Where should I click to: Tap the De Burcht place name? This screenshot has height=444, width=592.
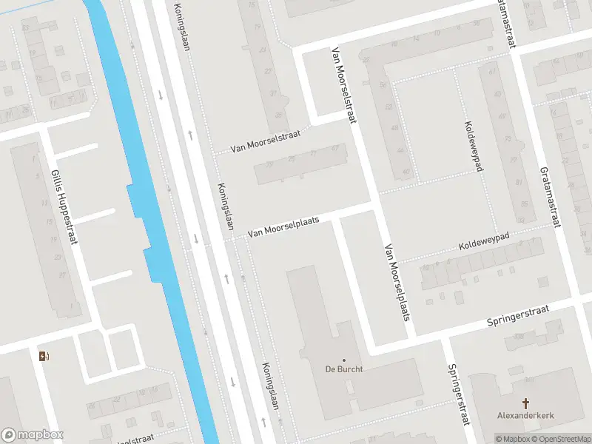[344, 369]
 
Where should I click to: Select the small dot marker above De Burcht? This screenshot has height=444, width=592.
[343, 360]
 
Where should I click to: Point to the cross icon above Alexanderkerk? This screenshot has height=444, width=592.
[527, 403]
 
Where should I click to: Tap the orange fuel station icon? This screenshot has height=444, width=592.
[44, 356]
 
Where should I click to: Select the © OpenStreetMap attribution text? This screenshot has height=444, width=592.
[561, 439]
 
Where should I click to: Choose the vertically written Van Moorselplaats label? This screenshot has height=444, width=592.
[396, 283]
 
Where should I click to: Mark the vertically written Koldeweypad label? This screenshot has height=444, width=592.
[474, 146]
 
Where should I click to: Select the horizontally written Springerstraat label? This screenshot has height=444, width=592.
[518, 316]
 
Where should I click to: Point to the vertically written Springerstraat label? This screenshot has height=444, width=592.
[459, 394]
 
